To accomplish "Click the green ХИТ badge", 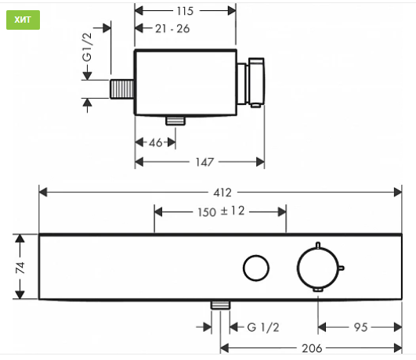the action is [x=23, y=20].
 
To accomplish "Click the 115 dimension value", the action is [x=185, y=11].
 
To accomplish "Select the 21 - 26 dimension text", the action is [x=172, y=29].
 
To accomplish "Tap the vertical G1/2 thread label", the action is [x=87, y=47].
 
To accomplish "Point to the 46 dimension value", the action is [x=155, y=143].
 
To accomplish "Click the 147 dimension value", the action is [x=204, y=162].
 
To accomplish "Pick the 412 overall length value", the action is [x=222, y=193].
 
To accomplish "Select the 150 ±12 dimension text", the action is [x=221, y=211].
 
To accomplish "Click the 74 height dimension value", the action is [x=20, y=267].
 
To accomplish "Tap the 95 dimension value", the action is [x=360, y=327].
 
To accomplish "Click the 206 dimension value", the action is [x=312, y=348].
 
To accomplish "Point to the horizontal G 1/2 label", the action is [x=263, y=327].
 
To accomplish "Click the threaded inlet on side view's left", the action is [x=122, y=89].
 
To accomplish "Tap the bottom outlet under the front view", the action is [x=220, y=305].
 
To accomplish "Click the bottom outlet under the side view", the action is [x=175, y=121].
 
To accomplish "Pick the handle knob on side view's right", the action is [x=256, y=82].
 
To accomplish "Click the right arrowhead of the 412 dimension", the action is [x=398, y=193].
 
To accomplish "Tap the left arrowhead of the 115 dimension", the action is [x=139, y=11].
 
